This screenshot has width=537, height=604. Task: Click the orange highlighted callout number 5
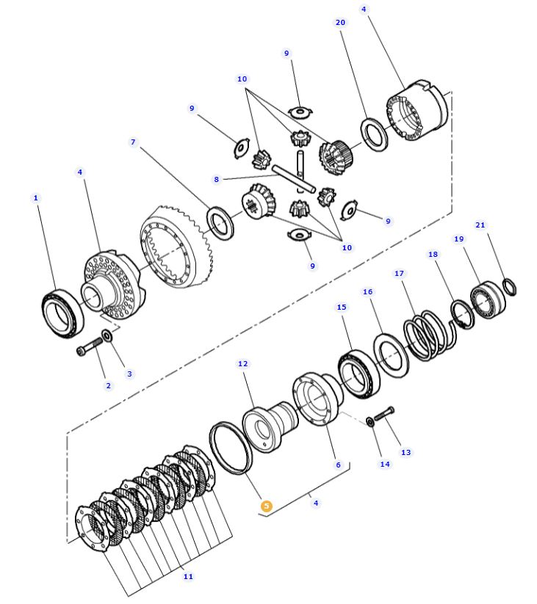tap(267, 506)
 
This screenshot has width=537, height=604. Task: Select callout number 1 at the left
tap(35, 197)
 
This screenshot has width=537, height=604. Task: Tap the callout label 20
tap(340, 23)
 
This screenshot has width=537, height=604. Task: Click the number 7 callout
tap(133, 142)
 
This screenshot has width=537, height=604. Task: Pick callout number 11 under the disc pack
tap(188, 577)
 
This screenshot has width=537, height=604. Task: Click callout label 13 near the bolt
tap(406, 452)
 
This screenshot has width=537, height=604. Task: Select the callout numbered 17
tap(399, 274)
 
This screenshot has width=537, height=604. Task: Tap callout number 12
tap(243, 363)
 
